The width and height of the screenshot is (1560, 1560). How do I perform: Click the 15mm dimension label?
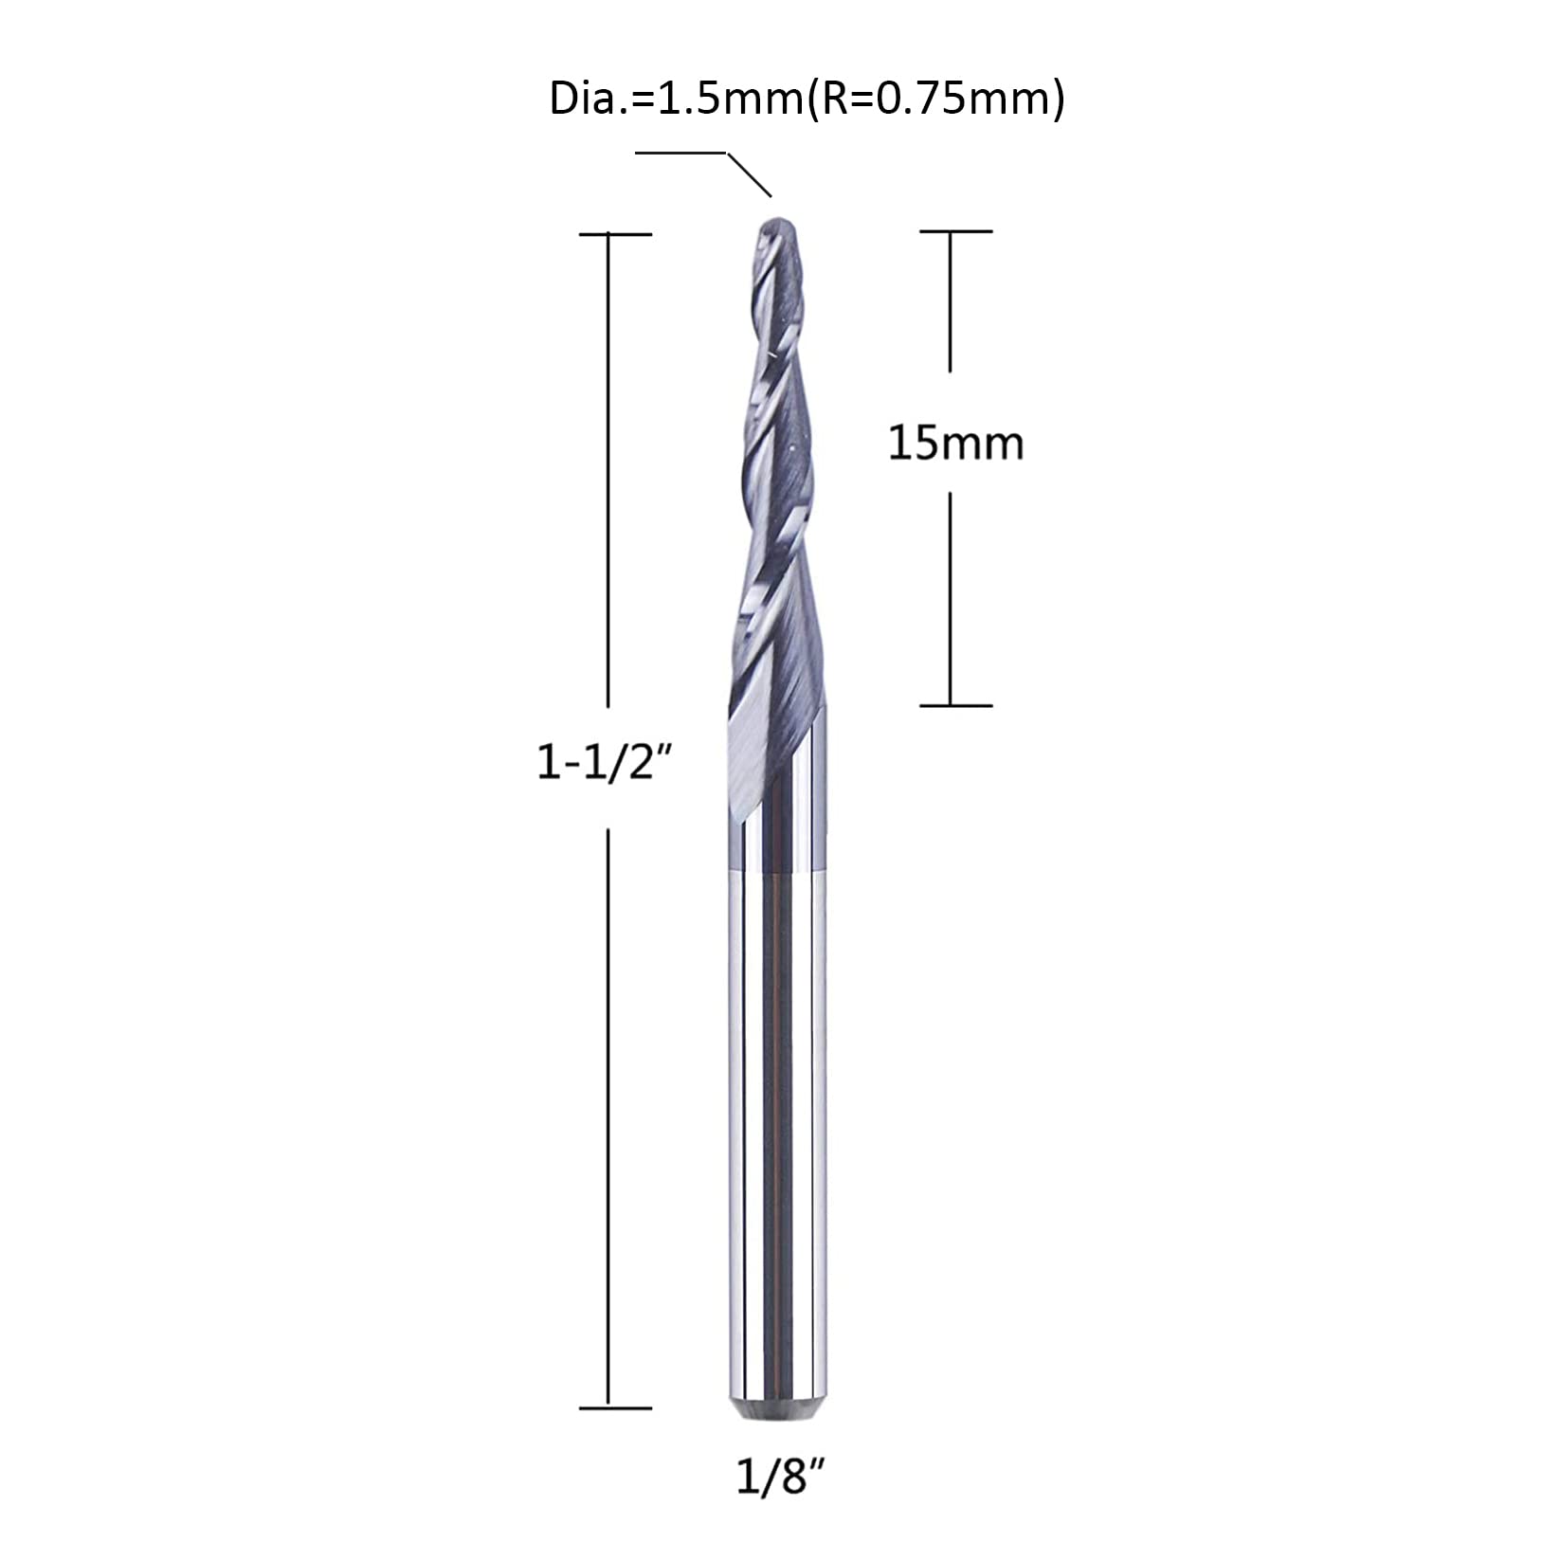955,444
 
